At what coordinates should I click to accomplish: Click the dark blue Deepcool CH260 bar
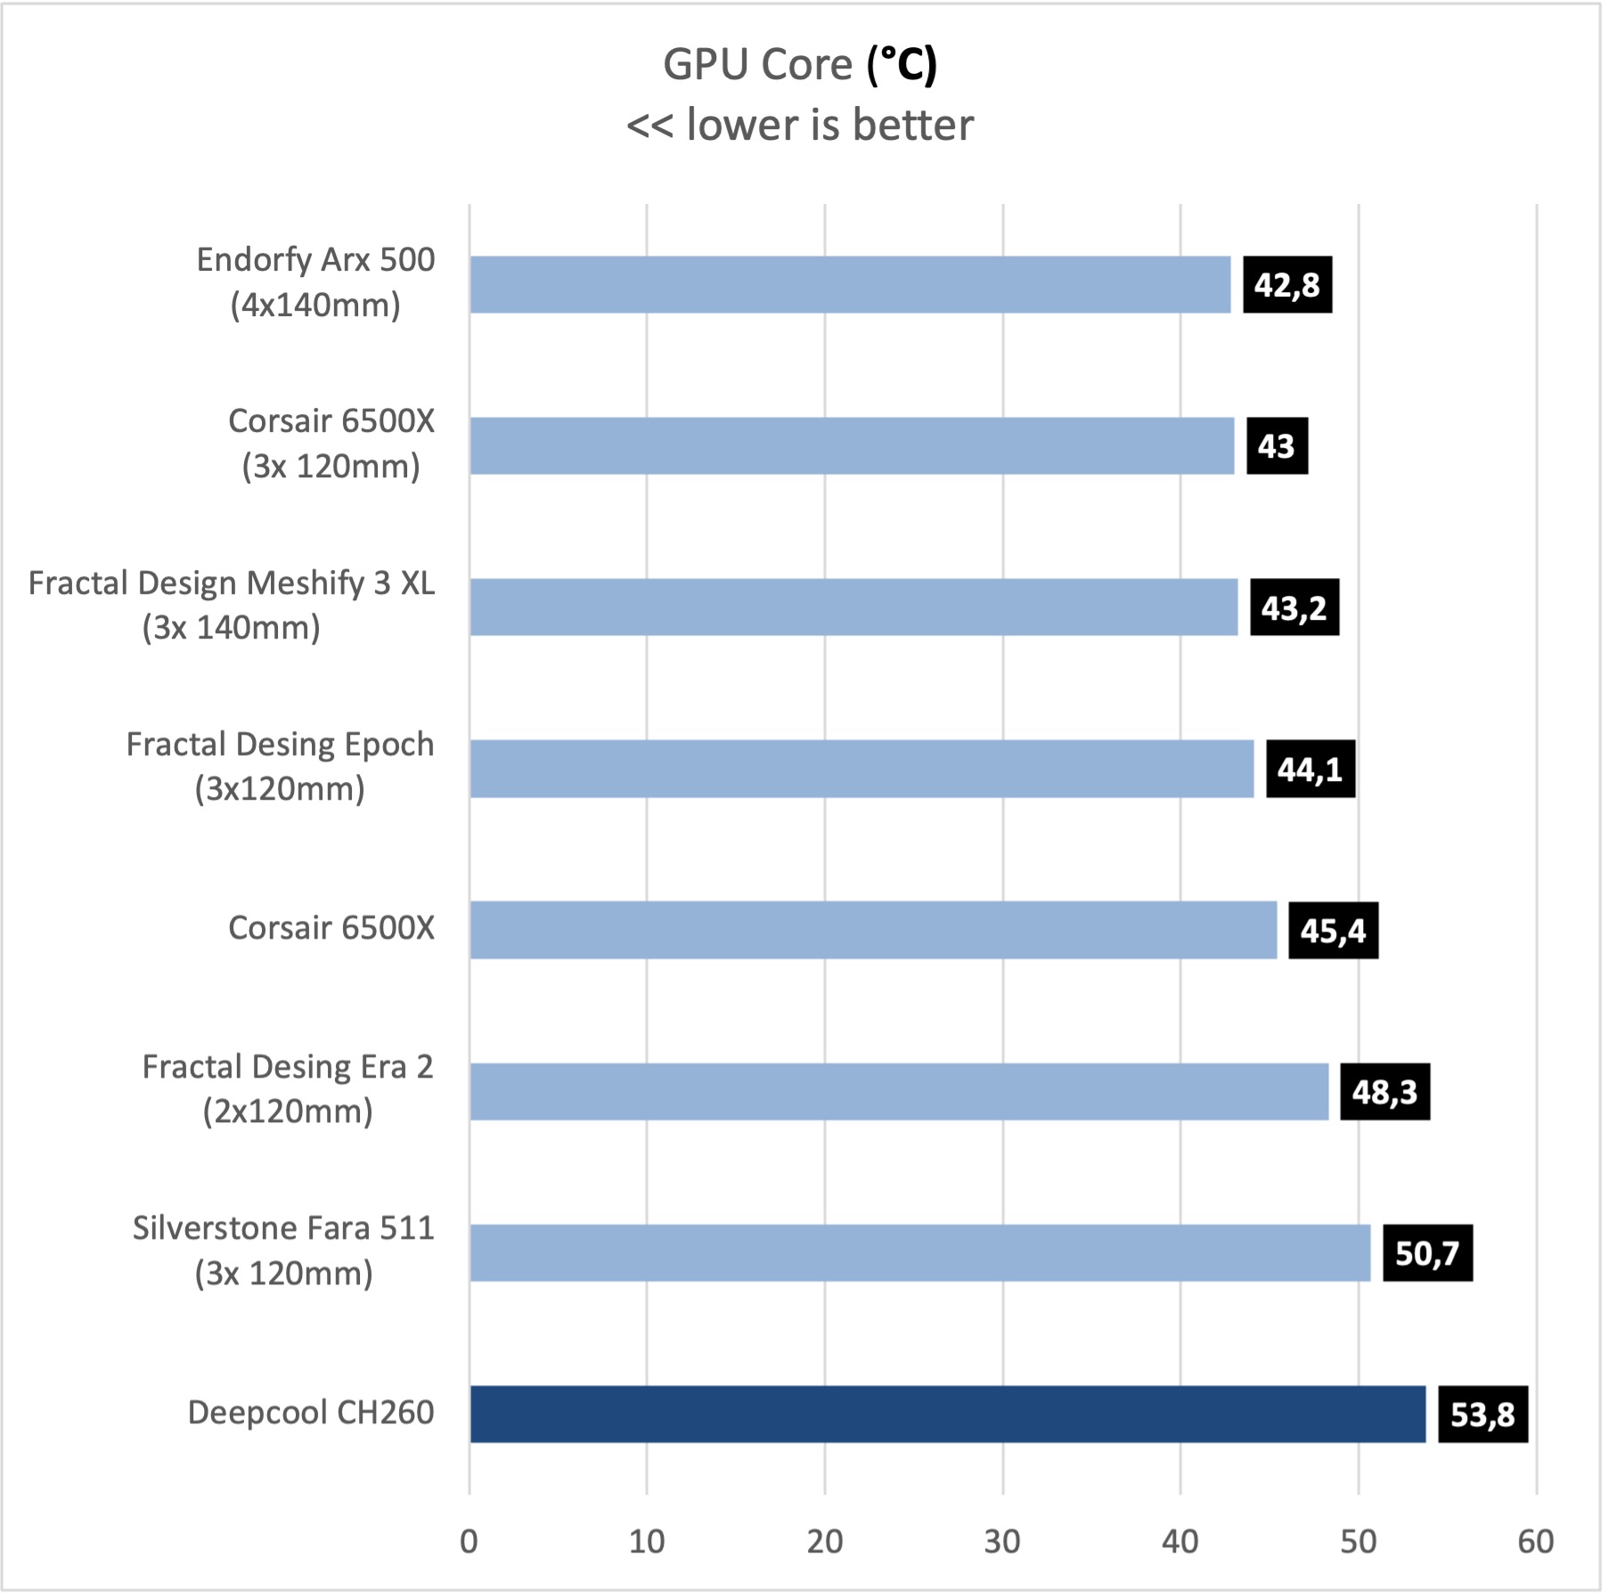click(947, 1413)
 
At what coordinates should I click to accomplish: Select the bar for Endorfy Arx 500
click(850, 285)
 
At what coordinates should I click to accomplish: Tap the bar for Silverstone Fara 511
click(919, 1252)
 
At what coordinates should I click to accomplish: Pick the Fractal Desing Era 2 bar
click(899, 1091)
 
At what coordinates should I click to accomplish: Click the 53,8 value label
click(1482, 1413)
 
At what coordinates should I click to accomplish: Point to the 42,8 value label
click(1287, 285)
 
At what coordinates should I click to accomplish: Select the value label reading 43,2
click(1294, 607)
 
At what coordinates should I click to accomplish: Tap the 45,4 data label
click(1333, 930)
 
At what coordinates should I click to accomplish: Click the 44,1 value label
click(1310, 769)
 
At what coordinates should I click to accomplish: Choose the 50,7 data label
click(1426, 1252)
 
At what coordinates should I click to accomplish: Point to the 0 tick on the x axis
click(469, 1542)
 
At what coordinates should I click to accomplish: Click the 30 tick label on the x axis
click(1002, 1542)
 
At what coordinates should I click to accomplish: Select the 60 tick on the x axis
click(1536, 1542)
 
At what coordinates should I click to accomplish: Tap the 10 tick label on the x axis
click(647, 1542)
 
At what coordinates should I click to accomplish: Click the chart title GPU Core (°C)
click(800, 64)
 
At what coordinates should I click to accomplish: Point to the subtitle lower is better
click(800, 125)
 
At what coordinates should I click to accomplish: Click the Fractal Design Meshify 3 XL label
click(232, 605)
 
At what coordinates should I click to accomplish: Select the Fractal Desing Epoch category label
click(280, 766)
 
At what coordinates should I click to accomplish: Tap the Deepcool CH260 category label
click(311, 1413)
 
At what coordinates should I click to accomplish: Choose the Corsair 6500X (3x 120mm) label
click(331, 444)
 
